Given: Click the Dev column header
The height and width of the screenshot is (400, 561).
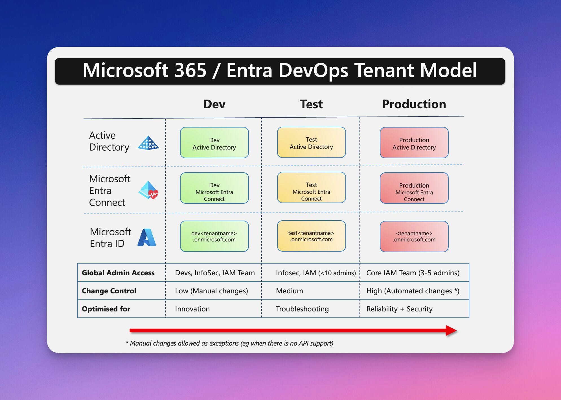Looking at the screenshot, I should point(214,104).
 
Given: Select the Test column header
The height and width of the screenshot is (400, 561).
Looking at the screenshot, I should point(311,104).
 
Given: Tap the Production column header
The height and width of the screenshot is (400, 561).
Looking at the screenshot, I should point(414,104).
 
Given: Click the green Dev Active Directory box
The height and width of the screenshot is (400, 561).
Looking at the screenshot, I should point(214,143).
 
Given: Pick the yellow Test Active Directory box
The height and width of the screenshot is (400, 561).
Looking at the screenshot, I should point(311,142).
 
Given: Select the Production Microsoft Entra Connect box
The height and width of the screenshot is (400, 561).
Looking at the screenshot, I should point(414,188).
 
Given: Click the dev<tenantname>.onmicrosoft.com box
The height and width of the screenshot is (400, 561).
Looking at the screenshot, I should point(214,236).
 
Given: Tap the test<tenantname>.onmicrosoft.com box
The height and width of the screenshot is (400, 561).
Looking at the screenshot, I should point(311,236).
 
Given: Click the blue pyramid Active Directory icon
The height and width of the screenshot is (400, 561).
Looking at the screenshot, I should point(148,143).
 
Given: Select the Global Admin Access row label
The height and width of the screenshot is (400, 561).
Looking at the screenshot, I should point(118,273).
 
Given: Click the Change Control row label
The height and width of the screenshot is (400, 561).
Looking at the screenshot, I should point(109,291).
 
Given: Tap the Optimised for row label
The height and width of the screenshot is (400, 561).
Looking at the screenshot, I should point(106,309).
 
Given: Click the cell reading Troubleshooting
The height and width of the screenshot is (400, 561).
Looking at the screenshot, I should point(302,309).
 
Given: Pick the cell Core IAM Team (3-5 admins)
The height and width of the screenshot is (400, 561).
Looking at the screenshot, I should point(413,273).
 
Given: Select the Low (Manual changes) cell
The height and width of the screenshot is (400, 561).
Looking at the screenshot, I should point(211,291).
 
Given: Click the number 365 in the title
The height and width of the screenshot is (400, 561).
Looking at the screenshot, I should point(190,70).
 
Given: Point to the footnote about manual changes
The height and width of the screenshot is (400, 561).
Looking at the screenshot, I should point(229,343).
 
